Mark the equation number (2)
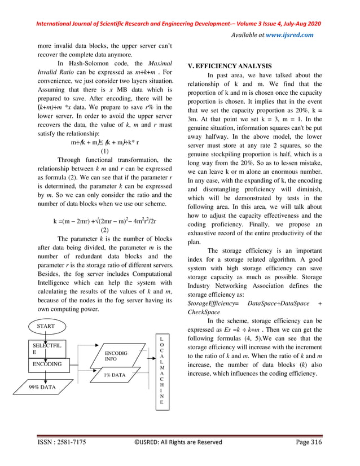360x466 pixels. point(104,230)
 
